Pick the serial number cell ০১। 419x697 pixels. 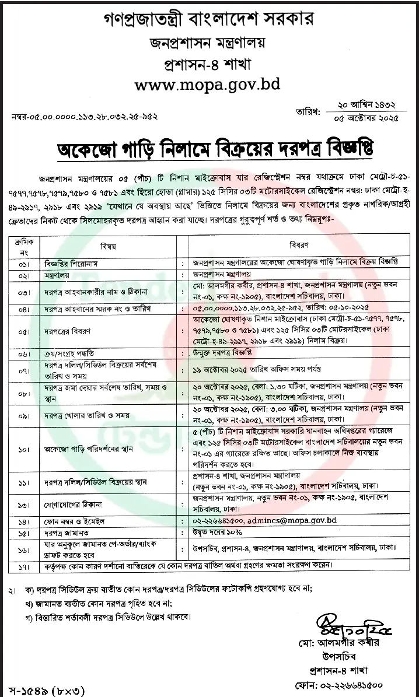(24, 262)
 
